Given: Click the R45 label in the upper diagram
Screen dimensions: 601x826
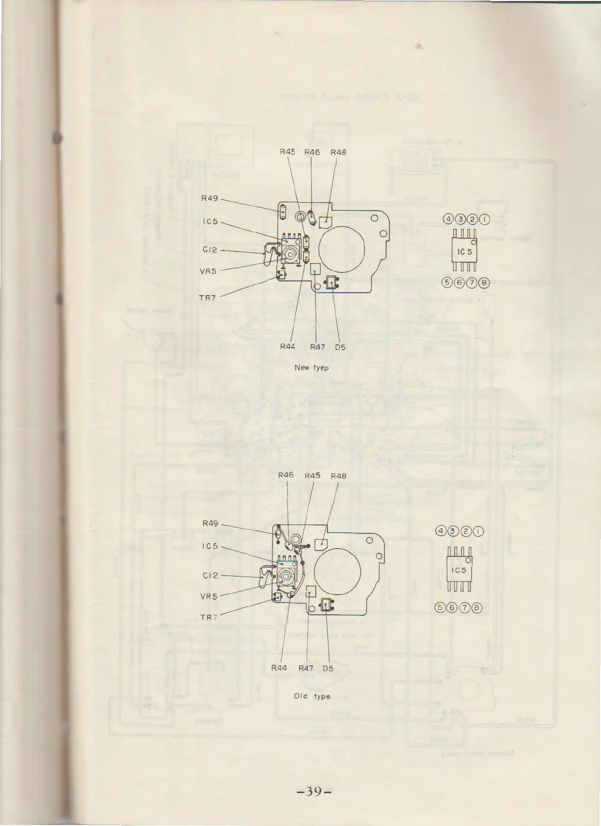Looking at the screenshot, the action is (x=287, y=152).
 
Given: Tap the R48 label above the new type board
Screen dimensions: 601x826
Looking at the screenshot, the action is (x=338, y=152).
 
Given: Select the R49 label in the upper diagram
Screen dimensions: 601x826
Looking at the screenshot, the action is (x=210, y=199).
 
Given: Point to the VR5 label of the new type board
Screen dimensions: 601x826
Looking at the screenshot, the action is (x=208, y=271).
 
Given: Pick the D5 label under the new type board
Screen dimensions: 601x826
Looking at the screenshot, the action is (x=340, y=347).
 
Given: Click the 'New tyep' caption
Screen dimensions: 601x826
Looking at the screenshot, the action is (x=311, y=367).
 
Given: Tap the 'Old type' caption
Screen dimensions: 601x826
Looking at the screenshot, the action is (x=312, y=696).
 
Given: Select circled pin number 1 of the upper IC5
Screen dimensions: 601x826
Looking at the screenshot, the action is (x=485, y=220).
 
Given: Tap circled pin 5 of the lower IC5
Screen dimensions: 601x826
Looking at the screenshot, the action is (x=441, y=607).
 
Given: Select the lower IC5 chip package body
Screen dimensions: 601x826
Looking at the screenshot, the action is (x=459, y=569).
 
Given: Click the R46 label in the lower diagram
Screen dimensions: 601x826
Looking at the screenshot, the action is (x=286, y=475).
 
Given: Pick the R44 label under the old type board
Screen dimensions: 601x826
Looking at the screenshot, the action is (x=279, y=668).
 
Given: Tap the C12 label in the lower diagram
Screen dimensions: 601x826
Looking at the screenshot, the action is (x=210, y=575).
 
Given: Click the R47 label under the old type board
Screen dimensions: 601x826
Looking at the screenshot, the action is (x=306, y=668).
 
